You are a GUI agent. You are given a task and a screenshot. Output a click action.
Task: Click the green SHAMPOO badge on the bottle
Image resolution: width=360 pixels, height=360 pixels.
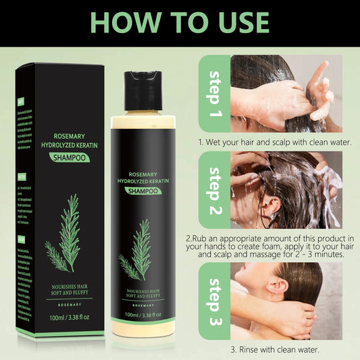142,190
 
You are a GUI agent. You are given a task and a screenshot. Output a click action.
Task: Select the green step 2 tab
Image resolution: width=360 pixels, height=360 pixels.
215,192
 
